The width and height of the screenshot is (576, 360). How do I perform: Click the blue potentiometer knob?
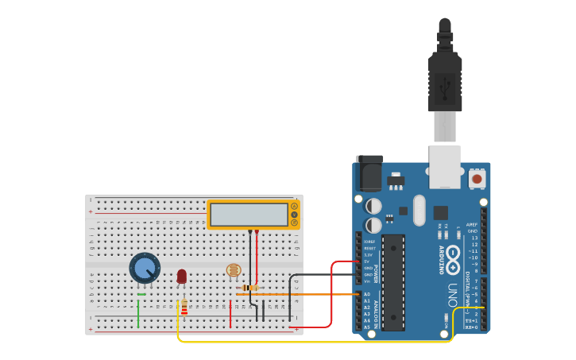tap(145, 268)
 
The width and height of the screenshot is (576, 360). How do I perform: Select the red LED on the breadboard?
tap(182, 276)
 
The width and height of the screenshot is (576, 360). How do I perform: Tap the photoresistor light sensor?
tap(234, 271)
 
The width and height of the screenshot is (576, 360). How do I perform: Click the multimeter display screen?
tap(249, 215)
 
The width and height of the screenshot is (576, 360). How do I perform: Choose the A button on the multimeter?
tap(294, 206)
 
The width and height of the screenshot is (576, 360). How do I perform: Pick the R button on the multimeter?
tap(294, 223)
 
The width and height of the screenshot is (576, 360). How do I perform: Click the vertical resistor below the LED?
tap(184, 307)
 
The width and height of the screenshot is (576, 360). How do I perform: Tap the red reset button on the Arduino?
tap(477, 179)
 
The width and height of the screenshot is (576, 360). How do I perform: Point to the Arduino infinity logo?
tap(453, 254)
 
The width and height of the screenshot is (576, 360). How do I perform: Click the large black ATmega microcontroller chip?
tap(392, 281)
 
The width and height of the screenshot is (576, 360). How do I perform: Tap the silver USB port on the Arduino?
tap(445, 166)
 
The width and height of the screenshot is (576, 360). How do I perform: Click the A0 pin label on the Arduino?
tap(367, 294)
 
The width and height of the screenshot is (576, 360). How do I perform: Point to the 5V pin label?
tap(368, 261)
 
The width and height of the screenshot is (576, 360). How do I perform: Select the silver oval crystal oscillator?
tap(419, 210)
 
